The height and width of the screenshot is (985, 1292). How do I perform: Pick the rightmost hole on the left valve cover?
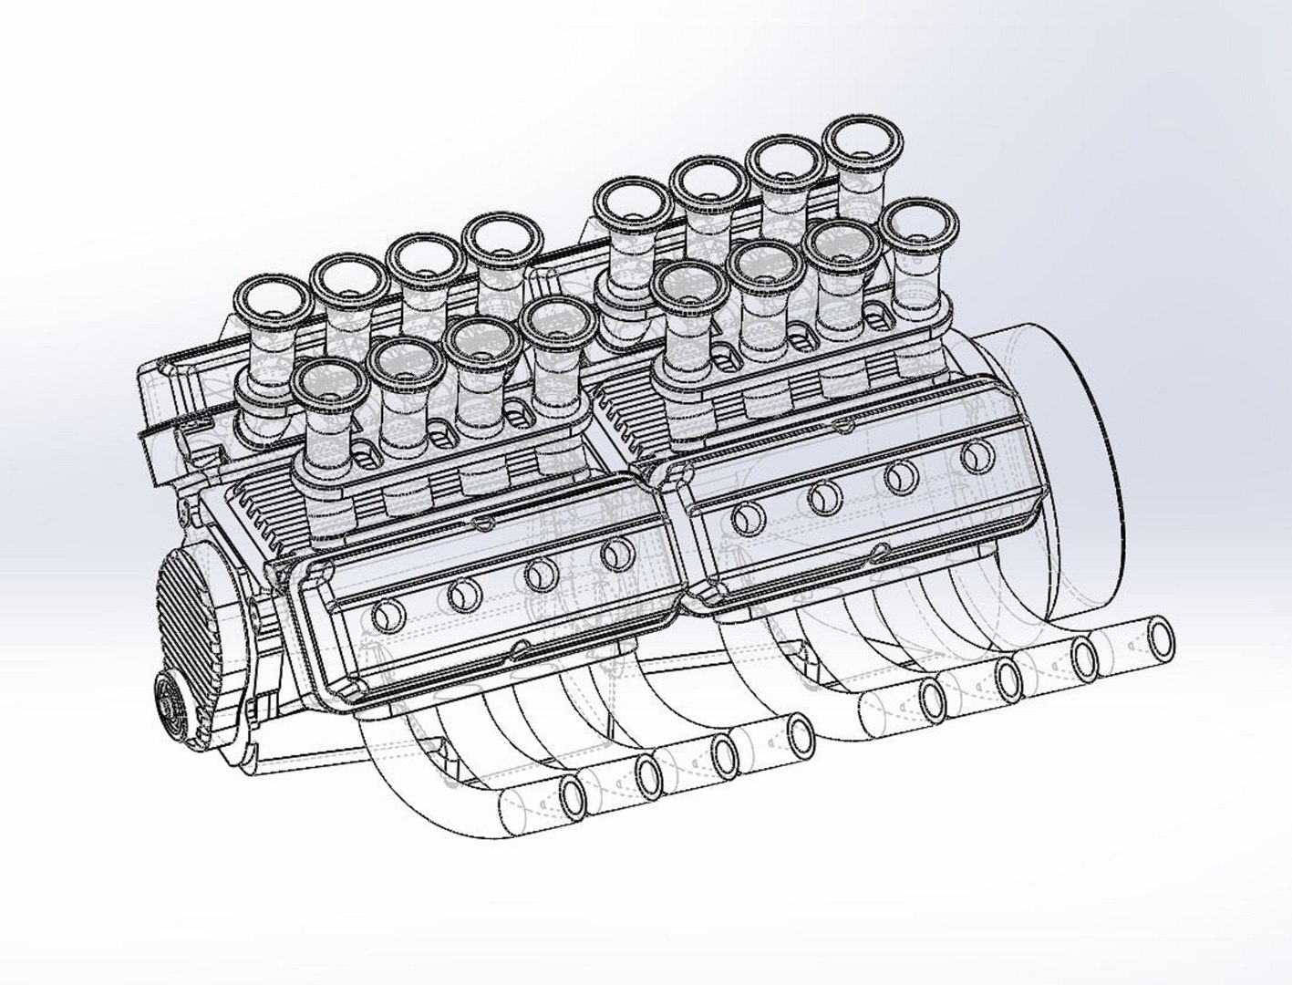616,553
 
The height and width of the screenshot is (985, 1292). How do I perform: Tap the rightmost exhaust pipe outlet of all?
1158,633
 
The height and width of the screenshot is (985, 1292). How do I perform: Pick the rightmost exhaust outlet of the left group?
800,734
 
